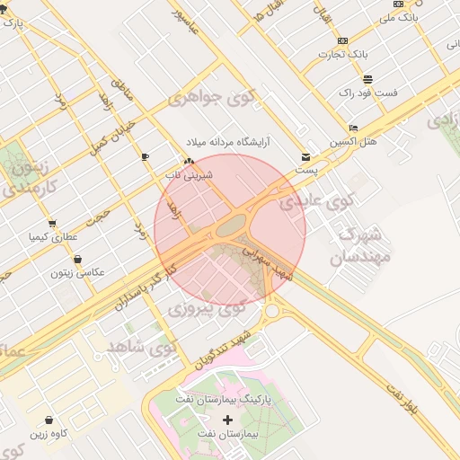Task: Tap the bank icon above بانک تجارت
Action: click(x=342, y=40)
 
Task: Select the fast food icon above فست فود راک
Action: click(x=368, y=79)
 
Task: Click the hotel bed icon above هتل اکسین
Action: click(x=353, y=128)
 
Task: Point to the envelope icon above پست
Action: click(x=306, y=156)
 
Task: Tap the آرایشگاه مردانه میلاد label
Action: click(x=228, y=143)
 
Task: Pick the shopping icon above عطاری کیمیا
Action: click(x=52, y=224)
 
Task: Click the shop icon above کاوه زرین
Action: click(x=48, y=420)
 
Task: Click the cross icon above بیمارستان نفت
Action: click(x=226, y=420)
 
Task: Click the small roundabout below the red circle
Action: click(x=272, y=312)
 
